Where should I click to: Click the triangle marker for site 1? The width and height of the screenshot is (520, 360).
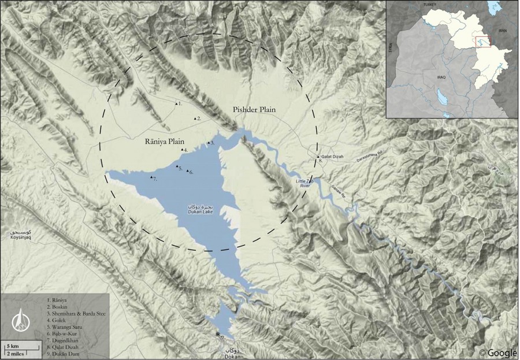(176, 103)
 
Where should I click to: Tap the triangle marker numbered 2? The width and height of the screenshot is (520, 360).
(195, 118)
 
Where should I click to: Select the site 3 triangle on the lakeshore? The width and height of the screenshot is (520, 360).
(209, 142)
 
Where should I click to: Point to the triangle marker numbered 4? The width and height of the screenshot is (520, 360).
(183, 150)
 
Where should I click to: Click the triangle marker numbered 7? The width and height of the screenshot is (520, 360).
(151, 177)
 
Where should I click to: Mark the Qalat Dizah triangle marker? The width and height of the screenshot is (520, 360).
(318, 157)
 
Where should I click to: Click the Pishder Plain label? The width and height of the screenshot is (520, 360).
(254, 110)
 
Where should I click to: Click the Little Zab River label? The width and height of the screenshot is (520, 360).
(308, 183)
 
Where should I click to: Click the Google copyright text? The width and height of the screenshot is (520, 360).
(498, 352)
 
